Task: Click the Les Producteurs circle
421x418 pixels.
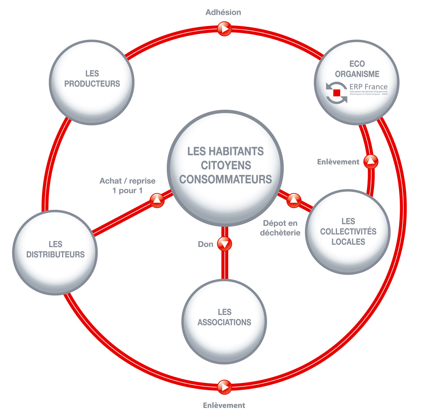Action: [91, 82]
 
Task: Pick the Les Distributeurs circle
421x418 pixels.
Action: [55, 253]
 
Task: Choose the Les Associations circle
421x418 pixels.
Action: [224, 321]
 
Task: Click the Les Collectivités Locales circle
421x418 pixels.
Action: [348, 232]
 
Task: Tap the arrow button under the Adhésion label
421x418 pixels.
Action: [225, 29]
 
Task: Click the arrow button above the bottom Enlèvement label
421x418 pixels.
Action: [224, 387]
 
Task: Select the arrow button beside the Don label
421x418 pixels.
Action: [225, 244]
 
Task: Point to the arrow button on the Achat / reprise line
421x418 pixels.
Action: [157, 200]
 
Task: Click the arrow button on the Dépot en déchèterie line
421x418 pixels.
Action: [294, 200]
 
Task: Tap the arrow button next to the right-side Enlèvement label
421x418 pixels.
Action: [371, 162]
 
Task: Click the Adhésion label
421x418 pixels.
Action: [223, 13]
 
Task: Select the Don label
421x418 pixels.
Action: [206, 244]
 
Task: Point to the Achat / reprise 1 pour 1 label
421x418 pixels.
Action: [128, 186]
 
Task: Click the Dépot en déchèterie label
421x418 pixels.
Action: [280, 228]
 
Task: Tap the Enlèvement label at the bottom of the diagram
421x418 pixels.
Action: [224, 405]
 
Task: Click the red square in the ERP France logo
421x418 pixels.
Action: [336, 93]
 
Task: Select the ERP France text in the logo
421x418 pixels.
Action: [368, 87]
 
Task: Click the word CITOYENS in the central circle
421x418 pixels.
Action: [226, 165]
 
